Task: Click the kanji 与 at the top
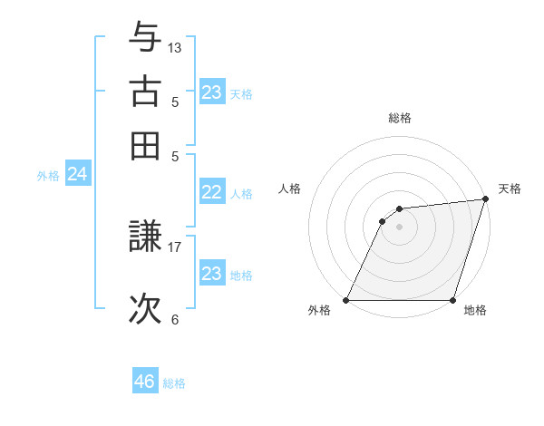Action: coord(145,38)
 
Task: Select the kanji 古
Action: coord(145,91)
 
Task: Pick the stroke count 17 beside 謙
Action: coord(175,245)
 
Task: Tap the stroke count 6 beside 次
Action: coord(175,319)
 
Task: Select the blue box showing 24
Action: coord(77,174)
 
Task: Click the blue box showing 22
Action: coord(211,192)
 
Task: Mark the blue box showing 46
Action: coord(144,382)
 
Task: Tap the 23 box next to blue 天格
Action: coord(211,92)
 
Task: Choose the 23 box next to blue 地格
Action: coord(211,274)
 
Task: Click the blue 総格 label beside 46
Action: coord(174,383)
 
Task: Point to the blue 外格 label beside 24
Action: coord(48,176)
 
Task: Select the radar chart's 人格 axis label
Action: coord(290,189)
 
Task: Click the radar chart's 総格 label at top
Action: coord(399,118)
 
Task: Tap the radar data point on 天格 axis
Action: coord(485,199)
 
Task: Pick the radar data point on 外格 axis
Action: coord(346,300)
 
